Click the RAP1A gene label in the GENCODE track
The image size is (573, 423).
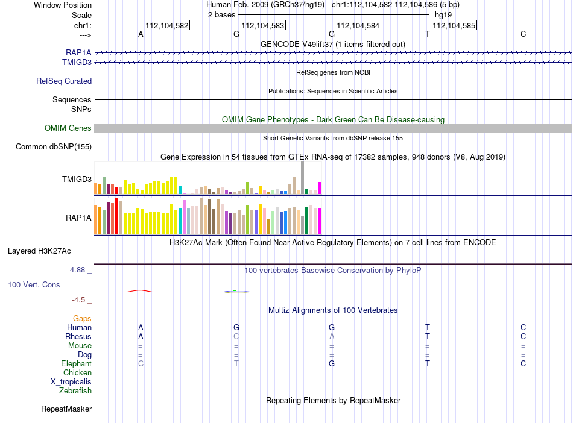(78, 52)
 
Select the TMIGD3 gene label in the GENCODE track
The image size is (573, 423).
(77, 63)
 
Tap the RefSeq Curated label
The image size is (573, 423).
(64, 81)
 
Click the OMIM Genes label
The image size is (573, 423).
(68, 128)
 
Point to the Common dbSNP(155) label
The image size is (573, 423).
(54, 146)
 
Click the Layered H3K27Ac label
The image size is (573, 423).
(39, 251)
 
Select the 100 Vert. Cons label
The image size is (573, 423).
(34, 284)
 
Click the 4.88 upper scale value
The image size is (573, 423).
(77, 270)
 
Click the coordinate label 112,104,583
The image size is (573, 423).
(263, 25)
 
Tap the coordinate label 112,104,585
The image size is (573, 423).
(454, 25)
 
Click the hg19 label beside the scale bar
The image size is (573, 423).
(443, 15)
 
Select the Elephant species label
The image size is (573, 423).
(77, 363)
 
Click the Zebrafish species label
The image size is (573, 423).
(75, 390)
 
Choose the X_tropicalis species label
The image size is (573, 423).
(71, 382)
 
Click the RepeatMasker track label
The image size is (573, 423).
(66, 409)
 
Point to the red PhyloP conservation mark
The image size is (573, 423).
(139, 291)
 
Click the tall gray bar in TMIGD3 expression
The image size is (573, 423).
(303, 178)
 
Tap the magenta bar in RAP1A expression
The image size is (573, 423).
(320, 221)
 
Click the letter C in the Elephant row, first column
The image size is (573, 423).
(141, 363)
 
